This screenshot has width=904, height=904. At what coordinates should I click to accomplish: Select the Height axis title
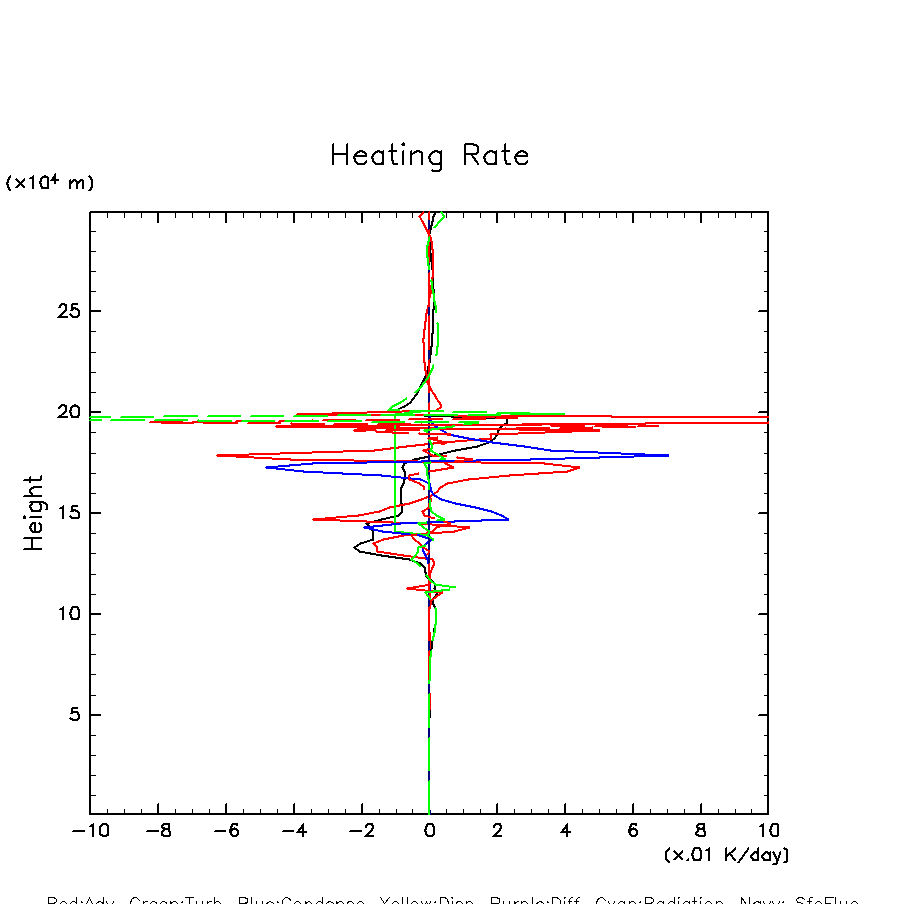pyautogui.click(x=35, y=513)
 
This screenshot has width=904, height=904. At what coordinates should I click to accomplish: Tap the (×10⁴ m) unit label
pyautogui.click(x=50, y=183)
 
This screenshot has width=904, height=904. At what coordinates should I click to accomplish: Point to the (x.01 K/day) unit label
pyautogui.click(x=726, y=855)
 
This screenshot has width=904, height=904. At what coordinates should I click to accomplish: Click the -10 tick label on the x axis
pyautogui.click(x=90, y=831)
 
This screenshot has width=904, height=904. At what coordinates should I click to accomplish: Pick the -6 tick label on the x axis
pyautogui.click(x=225, y=831)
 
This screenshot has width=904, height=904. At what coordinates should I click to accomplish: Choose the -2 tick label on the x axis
pyautogui.click(x=361, y=831)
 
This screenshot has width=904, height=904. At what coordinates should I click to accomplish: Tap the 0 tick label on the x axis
pyautogui.click(x=429, y=831)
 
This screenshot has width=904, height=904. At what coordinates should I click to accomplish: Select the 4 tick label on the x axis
pyautogui.click(x=565, y=831)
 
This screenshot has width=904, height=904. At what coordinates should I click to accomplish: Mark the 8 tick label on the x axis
pyautogui.click(x=700, y=831)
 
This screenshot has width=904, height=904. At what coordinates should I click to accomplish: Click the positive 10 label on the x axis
pyautogui.click(x=768, y=831)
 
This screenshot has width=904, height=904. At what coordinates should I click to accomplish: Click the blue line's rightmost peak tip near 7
pyautogui.click(x=668, y=455)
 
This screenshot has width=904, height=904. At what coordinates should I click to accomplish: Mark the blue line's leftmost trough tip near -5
pyautogui.click(x=266, y=467)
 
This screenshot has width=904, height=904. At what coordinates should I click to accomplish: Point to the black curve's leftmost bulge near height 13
pyautogui.click(x=355, y=547)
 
